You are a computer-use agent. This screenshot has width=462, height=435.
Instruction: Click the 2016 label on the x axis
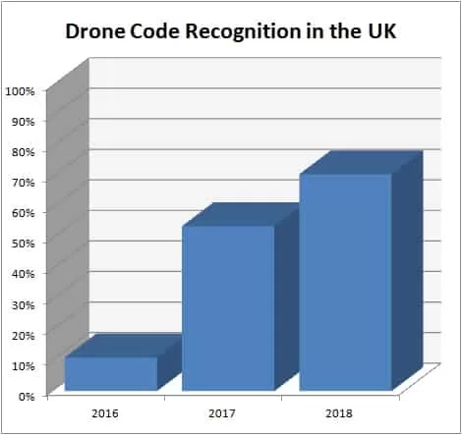[107, 414]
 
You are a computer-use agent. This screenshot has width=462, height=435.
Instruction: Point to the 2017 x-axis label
[223, 414]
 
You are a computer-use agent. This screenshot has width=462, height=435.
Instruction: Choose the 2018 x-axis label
[338, 414]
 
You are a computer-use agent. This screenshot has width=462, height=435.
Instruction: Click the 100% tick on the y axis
[21, 90]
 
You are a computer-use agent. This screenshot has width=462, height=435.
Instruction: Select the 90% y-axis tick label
[23, 121]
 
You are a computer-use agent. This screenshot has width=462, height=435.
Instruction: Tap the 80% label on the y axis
[23, 151]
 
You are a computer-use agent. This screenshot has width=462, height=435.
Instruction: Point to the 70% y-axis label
[23, 182]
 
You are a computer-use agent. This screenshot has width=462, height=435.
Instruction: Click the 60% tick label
[23, 212]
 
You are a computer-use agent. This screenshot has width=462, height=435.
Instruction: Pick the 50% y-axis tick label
[23, 243]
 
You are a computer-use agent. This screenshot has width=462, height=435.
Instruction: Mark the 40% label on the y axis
[23, 273]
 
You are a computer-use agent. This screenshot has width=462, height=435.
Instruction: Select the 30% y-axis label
[23, 303]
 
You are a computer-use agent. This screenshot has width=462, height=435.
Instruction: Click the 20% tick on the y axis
[23, 334]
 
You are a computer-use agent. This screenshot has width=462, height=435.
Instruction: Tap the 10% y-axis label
[23, 364]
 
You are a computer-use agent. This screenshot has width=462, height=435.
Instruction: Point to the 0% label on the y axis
[26, 395]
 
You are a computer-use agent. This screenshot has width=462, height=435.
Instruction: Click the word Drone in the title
[94, 31]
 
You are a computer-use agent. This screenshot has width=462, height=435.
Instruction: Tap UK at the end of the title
[381, 31]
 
